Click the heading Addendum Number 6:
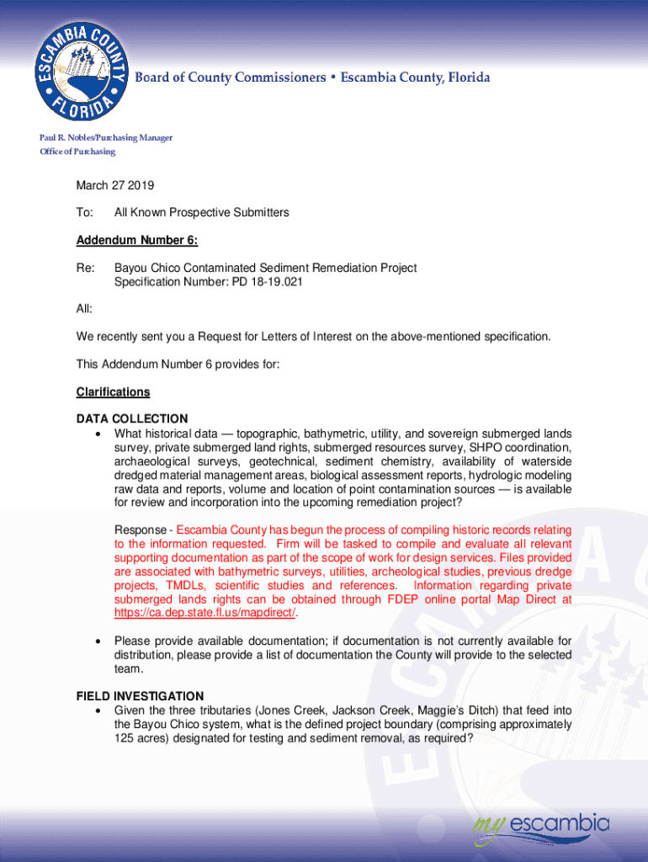click(137, 241)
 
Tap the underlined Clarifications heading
click(113, 392)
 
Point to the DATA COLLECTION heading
click(132, 418)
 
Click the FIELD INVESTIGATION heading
click(140, 696)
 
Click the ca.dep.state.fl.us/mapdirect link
click(204, 613)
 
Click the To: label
click(85, 213)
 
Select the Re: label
click(85, 269)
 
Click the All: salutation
click(84, 310)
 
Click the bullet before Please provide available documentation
click(100, 642)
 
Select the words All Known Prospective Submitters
click(201, 213)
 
